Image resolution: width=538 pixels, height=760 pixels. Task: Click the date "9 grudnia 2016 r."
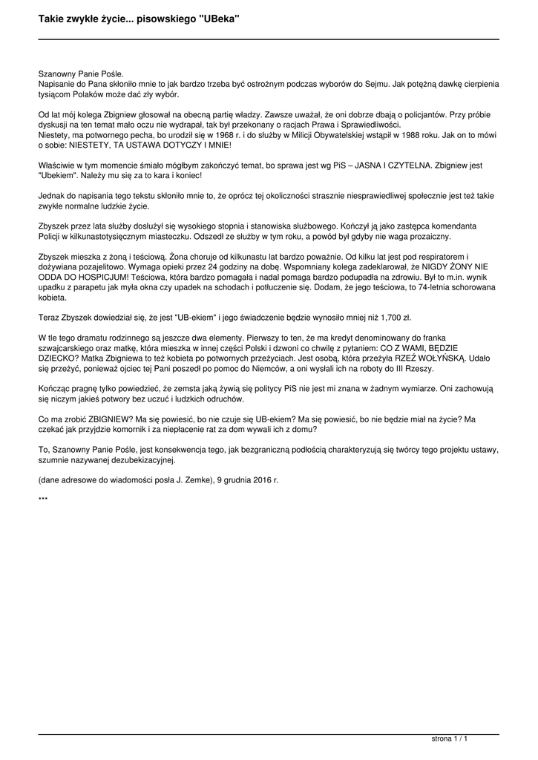pos(248,480)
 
